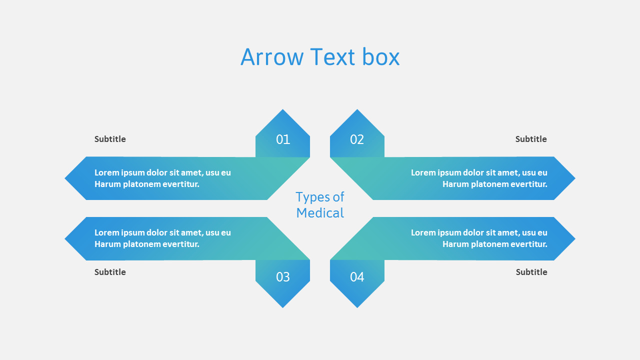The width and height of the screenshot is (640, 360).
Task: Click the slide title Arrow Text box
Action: coord(320,57)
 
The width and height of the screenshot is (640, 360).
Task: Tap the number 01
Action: coord(283,139)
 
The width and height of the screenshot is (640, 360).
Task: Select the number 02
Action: coord(357,139)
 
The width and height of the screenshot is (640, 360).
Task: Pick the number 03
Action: coord(283,277)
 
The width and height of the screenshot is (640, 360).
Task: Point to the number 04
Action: coord(357,277)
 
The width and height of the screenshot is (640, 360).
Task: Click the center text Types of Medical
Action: coord(320,205)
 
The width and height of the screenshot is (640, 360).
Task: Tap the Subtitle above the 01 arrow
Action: coord(110,139)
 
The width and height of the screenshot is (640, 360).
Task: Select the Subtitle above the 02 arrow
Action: coord(531,139)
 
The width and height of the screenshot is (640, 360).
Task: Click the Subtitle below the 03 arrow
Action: coord(110,272)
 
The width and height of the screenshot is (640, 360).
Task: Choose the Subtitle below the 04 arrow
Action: coord(531,272)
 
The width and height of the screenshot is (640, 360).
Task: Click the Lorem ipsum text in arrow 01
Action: coord(162,178)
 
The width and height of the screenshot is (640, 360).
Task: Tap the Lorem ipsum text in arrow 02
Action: coord(479,178)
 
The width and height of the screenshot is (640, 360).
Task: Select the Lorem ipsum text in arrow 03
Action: coord(162,238)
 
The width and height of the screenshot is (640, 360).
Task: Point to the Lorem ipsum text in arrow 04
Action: coord(479,238)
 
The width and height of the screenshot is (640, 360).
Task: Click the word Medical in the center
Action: coord(320,213)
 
